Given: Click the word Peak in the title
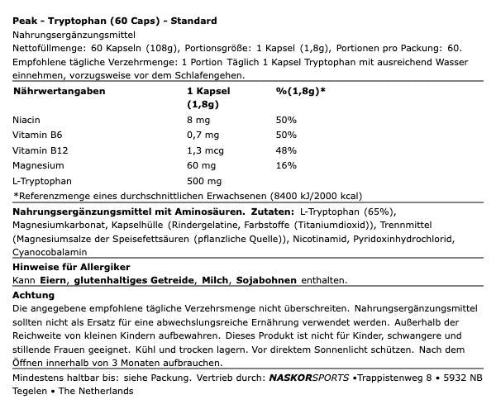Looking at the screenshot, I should point(24,20).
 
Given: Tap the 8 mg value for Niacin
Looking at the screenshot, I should point(199,120).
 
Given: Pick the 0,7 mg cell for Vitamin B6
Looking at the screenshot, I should point(203,135).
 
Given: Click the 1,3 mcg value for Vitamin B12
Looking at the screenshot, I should point(207,150).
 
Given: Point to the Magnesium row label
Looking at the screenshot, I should point(38,164).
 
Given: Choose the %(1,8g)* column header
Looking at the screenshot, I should point(300,91).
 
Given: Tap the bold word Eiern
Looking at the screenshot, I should point(53,281).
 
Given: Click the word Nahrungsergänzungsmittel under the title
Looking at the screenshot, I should point(73,35).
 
